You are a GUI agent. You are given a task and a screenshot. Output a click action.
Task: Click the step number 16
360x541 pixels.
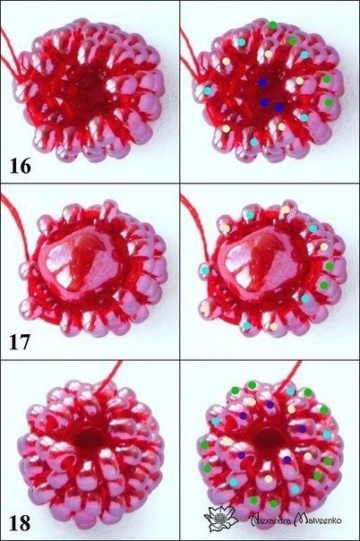[x=20, y=166]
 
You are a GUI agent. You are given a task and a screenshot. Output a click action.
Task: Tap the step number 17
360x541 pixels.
[x=20, y=342]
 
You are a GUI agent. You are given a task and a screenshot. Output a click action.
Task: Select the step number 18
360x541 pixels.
[x=20, y=523]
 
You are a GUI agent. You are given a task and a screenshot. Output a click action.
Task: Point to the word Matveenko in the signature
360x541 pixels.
[x=318, y=519]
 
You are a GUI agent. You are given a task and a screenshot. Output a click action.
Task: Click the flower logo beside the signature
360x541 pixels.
[x=220, y=519]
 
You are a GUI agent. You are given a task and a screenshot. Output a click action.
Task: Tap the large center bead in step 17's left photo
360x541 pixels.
[x=82, y=262]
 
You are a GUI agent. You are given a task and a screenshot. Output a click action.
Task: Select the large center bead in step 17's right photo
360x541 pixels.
[x=262, y=262]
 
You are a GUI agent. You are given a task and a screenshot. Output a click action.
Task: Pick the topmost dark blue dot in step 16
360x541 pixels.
[x=263, y=82]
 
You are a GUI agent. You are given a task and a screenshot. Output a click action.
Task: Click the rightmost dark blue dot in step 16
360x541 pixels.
[x=279, y=107]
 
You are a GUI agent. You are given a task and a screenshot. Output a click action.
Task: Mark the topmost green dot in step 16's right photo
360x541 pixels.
[x=272, y=25]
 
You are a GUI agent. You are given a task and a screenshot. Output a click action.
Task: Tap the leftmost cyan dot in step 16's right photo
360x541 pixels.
[x=207, y=90]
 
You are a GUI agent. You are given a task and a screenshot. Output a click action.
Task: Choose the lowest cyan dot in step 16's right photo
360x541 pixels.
[x=253, y=142]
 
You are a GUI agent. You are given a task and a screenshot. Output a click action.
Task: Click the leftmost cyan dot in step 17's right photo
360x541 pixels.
[x=205, y=270]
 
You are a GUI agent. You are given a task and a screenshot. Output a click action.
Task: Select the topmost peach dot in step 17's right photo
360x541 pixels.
[x=286, y=210]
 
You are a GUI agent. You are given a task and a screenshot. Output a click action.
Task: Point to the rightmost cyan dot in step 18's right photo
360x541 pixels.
[x=327, y=434]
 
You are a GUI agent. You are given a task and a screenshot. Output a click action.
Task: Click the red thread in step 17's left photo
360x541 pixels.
[x=16, y=224]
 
